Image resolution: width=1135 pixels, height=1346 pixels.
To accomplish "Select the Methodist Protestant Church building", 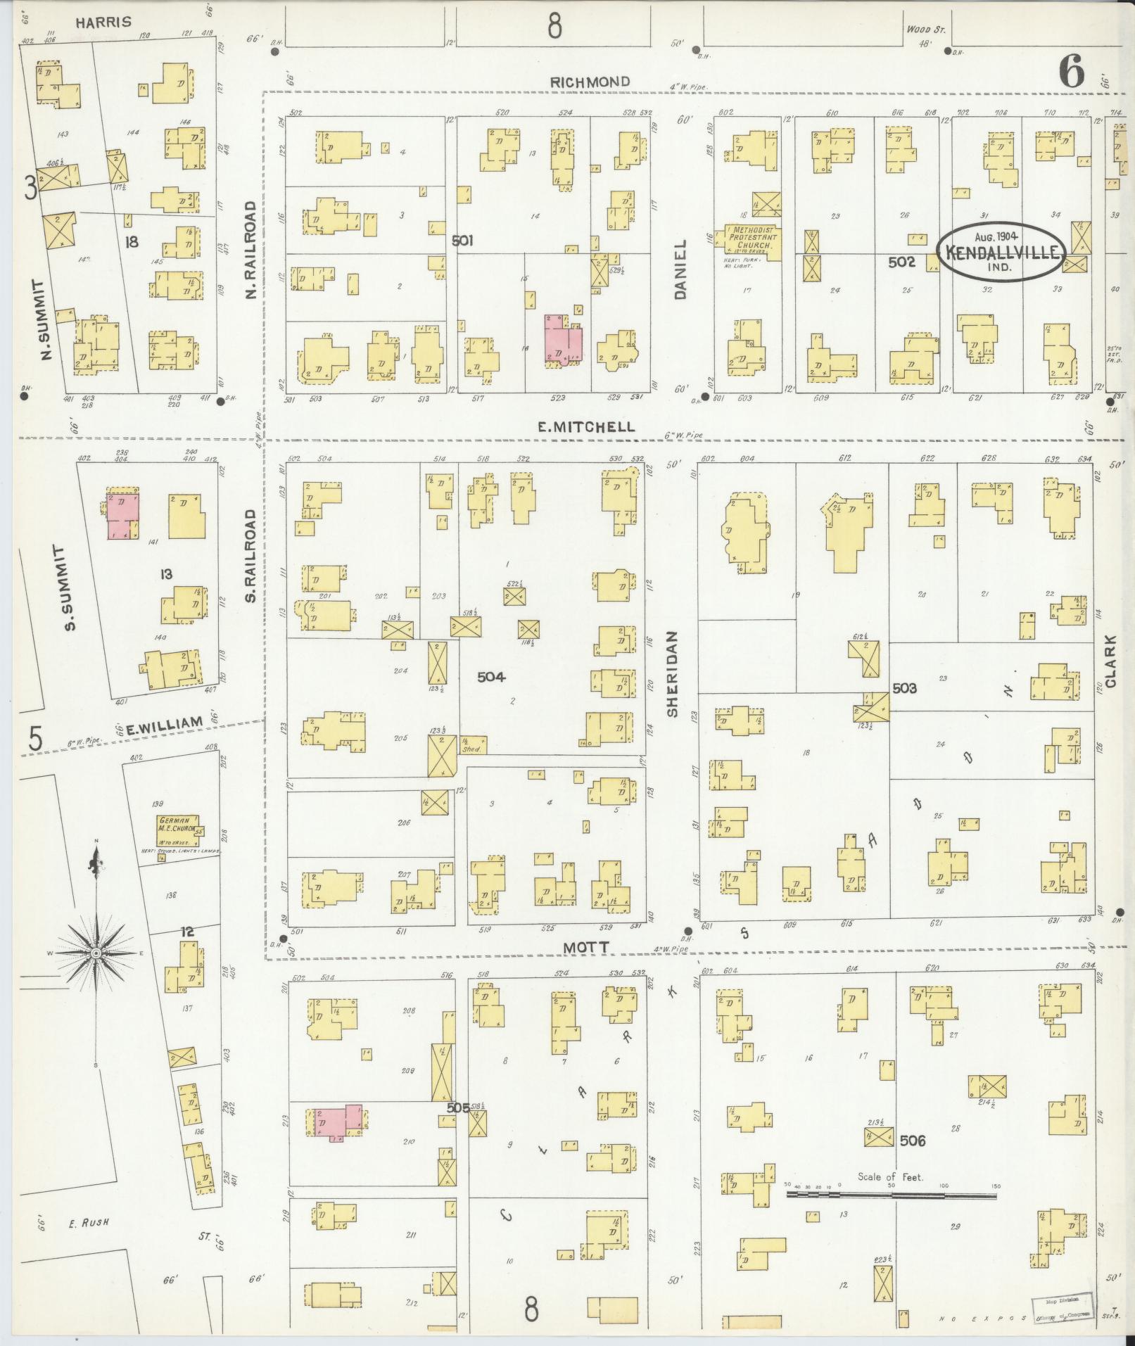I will point(752,242).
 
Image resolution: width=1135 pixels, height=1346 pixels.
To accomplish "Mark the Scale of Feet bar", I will point(891,1195).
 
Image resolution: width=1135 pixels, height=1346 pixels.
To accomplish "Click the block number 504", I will point(491,677).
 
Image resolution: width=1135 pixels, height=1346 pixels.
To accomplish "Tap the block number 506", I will point(912,1141).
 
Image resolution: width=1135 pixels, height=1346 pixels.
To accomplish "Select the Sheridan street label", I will point(672,673).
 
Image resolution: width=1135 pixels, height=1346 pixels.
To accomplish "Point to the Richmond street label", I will point(590,82).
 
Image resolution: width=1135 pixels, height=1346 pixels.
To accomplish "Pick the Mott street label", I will point(585,948).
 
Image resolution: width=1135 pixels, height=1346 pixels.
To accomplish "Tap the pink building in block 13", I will point(122,516).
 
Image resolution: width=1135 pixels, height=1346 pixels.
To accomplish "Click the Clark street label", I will point(1110,661).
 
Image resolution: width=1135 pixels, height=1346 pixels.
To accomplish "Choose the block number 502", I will point(901,262).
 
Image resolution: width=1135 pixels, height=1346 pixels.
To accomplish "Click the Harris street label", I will point(103,22).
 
